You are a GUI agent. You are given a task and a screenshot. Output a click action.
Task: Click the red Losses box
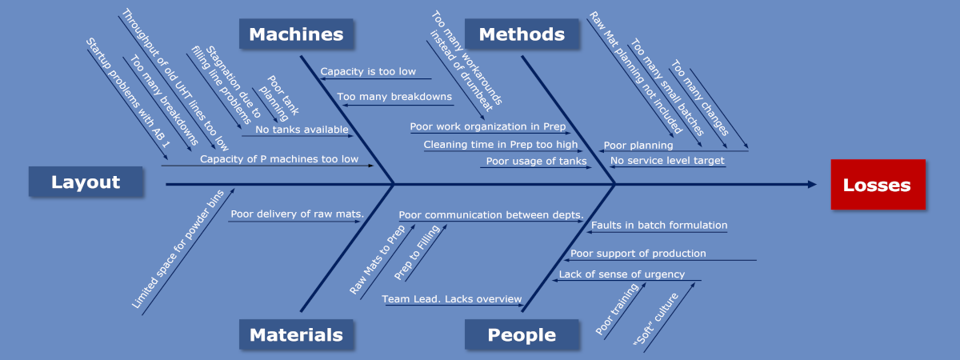tap(878, 185)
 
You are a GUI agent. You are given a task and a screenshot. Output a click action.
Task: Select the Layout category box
tap(86, 182)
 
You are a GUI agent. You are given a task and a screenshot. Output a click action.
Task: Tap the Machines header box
tap(296, 34)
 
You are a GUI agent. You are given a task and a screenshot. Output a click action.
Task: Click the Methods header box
tap(521, 34)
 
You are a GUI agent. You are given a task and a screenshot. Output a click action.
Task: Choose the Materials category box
tap(296, 335)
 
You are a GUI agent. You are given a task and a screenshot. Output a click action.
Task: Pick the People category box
tap(522, 335)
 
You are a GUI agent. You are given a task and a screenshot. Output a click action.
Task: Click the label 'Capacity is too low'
tap(368, 71)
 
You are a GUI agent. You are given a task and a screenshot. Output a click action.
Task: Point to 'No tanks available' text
tap(302, 130)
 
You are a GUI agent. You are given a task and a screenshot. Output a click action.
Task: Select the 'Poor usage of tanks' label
tap(536, 161)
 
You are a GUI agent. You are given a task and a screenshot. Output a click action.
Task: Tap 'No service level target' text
tap(667, 161)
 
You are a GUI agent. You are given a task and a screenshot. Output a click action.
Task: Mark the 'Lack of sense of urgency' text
tap(622, 274)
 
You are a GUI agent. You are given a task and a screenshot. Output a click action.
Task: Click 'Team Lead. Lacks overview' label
tap(451, 298)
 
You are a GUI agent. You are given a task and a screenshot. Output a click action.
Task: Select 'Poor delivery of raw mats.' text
tap(297, 214)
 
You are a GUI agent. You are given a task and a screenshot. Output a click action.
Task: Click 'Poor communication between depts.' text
tap(490, 214)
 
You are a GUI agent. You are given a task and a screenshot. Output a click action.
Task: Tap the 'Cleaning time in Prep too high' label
tap(500, 145)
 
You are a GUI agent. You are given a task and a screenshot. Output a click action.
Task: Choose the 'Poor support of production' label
tap(638, 254)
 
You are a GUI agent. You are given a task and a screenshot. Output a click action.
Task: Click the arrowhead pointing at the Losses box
tap(812, 184)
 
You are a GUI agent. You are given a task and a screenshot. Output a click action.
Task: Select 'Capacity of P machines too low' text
tap(278, 159)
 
